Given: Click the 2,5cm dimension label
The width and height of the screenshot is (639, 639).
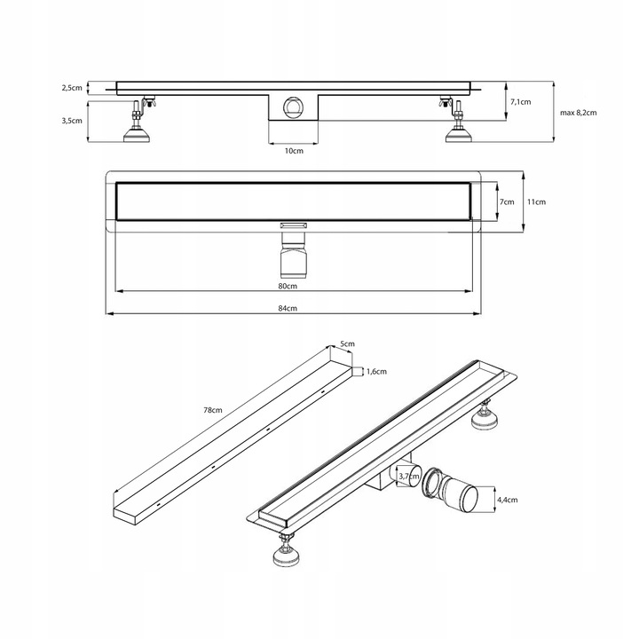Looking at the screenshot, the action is (x=72, y=88).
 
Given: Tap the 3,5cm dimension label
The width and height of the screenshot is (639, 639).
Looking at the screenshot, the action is (x=72, y=121).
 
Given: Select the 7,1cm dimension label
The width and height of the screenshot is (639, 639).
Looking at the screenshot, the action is (x=521, y=102).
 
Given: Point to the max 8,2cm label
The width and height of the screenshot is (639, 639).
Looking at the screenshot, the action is (x=579, y=113).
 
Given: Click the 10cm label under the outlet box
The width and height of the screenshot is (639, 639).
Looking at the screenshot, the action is (x=294, y=151).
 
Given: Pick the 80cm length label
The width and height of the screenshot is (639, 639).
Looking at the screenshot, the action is (x=288, y=286).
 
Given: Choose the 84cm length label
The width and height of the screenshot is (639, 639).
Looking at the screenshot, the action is (x=288, y=308).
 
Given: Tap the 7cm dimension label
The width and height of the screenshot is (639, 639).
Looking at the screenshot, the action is (x=507, y=201).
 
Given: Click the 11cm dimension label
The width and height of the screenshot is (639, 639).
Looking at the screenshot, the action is (x=536, y=201).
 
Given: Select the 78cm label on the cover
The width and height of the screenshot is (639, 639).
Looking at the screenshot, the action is (x=213, y=410).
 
